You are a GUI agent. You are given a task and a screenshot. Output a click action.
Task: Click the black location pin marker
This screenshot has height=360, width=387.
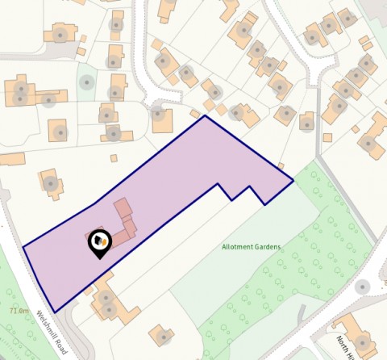(99, 241)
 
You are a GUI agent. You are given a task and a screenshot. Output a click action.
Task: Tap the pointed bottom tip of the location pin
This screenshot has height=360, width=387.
(100, 258)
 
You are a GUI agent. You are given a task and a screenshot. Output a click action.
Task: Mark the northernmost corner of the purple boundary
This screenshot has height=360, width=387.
(205, 115)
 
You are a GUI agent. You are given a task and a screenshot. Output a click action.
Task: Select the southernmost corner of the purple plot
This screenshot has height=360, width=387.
(55, 312)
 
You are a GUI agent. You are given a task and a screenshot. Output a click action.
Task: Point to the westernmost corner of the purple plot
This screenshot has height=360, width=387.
(23, 247)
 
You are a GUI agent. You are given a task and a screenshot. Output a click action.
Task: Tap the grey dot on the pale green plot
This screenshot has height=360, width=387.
(87, 82)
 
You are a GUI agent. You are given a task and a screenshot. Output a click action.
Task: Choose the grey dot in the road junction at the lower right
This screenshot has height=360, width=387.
(361, 287)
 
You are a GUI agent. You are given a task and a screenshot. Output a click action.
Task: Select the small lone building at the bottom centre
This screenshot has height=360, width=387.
(162, 335)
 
